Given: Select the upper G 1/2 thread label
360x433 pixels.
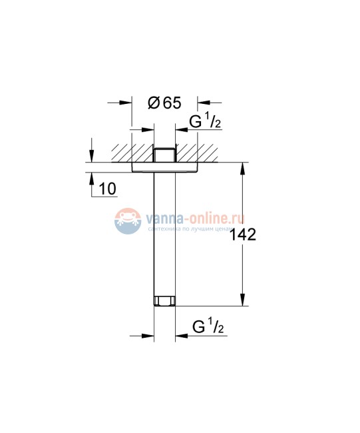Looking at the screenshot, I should [206, 123].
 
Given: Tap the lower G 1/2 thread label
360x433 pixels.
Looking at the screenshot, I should [207, 328].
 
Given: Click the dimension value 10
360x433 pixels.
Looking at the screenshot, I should [106, 189].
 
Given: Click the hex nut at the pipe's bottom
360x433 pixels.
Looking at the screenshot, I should [164, 302].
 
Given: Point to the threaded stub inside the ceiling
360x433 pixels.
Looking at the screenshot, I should [164, 155].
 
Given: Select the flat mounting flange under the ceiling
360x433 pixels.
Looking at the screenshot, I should [164, 167].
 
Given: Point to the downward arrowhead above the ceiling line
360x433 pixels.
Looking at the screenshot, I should [90, 157].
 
